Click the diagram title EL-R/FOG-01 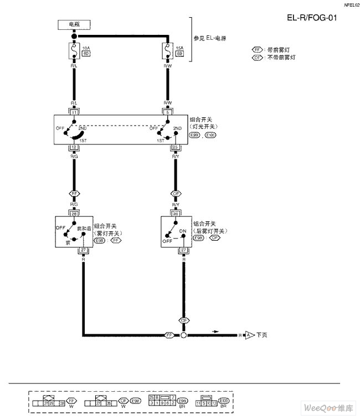point(312,18)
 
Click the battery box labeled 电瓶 point(74,24)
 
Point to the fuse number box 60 point(86,54)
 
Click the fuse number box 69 point(179,54)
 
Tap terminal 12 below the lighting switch point(74,148)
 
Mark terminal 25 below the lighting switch point(176,148)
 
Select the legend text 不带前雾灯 point(281,57)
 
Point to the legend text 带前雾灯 point(279,49)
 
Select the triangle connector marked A point(249,335)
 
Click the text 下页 point(262,335)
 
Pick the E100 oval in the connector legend point(224,401)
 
